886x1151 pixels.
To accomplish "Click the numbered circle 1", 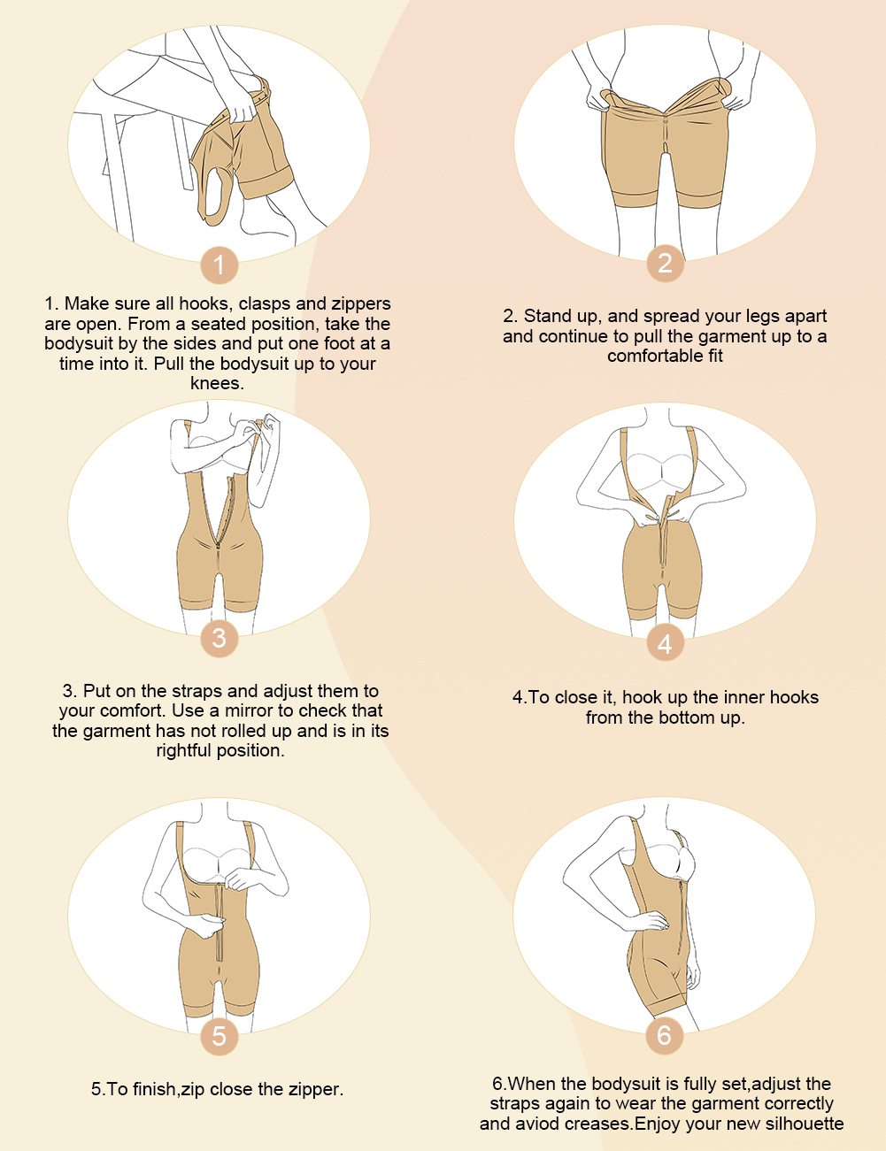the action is click(220, 265).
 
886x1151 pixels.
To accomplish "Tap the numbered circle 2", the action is click(665, 264).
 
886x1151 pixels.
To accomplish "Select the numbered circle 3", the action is click(220, 638).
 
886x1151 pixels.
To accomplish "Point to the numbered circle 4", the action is click(665, 642).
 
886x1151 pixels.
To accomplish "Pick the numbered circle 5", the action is click(220, 1036).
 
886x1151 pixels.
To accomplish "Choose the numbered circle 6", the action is click(665, 1035).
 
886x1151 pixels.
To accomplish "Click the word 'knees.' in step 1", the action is click(217, 383).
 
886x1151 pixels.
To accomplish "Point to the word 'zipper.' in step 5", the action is click(315, 1089).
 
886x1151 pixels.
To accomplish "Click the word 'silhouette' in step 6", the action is click(804, 1123).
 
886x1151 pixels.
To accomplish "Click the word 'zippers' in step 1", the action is click(361, 303).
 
